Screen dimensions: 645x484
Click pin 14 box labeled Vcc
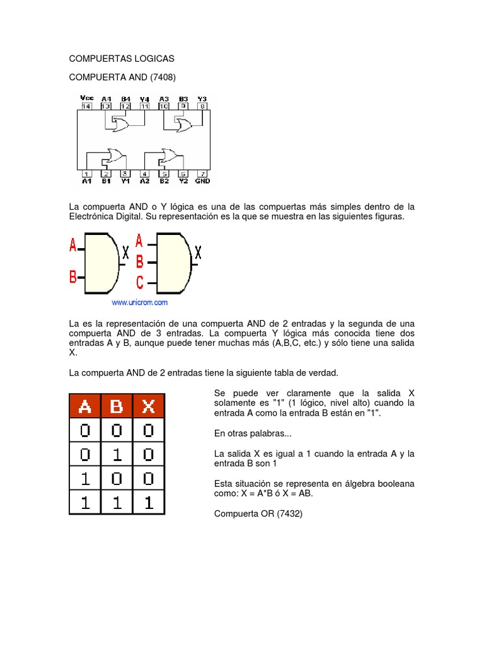[86, 106]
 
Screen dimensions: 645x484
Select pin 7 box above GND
[202, 173]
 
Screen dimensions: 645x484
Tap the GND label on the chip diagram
[202, 181]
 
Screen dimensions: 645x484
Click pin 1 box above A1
[87, 173]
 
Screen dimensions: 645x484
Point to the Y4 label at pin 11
[144, 99]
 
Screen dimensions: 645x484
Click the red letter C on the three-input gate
[140, 282]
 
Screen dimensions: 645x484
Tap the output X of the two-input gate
[125, 253]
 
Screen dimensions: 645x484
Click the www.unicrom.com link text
[140, 302]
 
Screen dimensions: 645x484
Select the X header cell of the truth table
[149, 407]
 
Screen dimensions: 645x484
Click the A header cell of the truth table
[84, 407]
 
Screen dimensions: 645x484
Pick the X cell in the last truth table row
[149, 502]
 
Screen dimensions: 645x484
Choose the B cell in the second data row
[117, 454]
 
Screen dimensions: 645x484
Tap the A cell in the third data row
[84, 478]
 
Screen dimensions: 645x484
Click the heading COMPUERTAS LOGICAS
[122, 59]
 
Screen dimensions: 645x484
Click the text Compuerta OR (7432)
[258, 513]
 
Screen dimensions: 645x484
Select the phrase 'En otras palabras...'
[253, 433]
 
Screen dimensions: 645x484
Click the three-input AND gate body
[172, 263]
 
